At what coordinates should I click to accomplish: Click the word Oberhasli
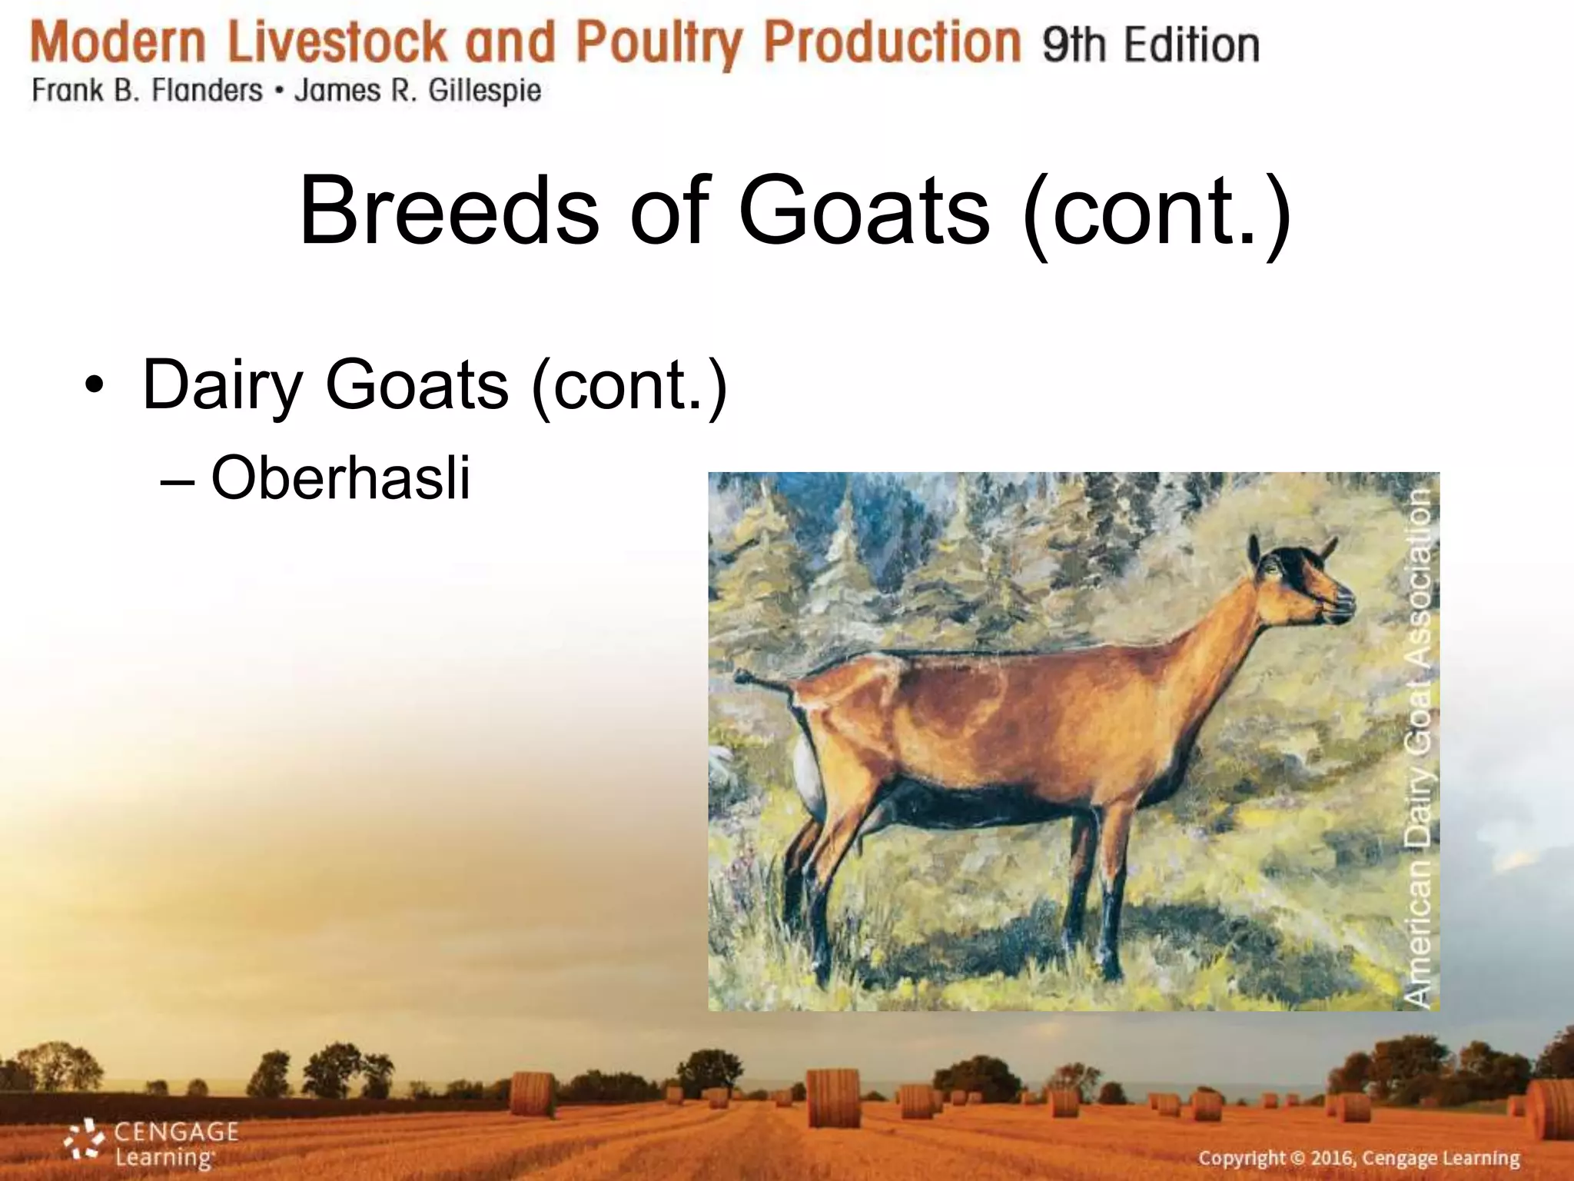point(340,478)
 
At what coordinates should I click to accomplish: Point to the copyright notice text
point(1359,1158)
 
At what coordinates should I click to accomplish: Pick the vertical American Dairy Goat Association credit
point(1419,746)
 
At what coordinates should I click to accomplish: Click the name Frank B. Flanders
point(147,91)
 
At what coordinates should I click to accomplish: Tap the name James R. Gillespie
point(417,91)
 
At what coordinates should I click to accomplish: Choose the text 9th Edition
point(1151,45)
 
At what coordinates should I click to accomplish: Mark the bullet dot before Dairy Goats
point(93,385)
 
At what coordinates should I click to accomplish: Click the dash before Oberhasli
point(178,481)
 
